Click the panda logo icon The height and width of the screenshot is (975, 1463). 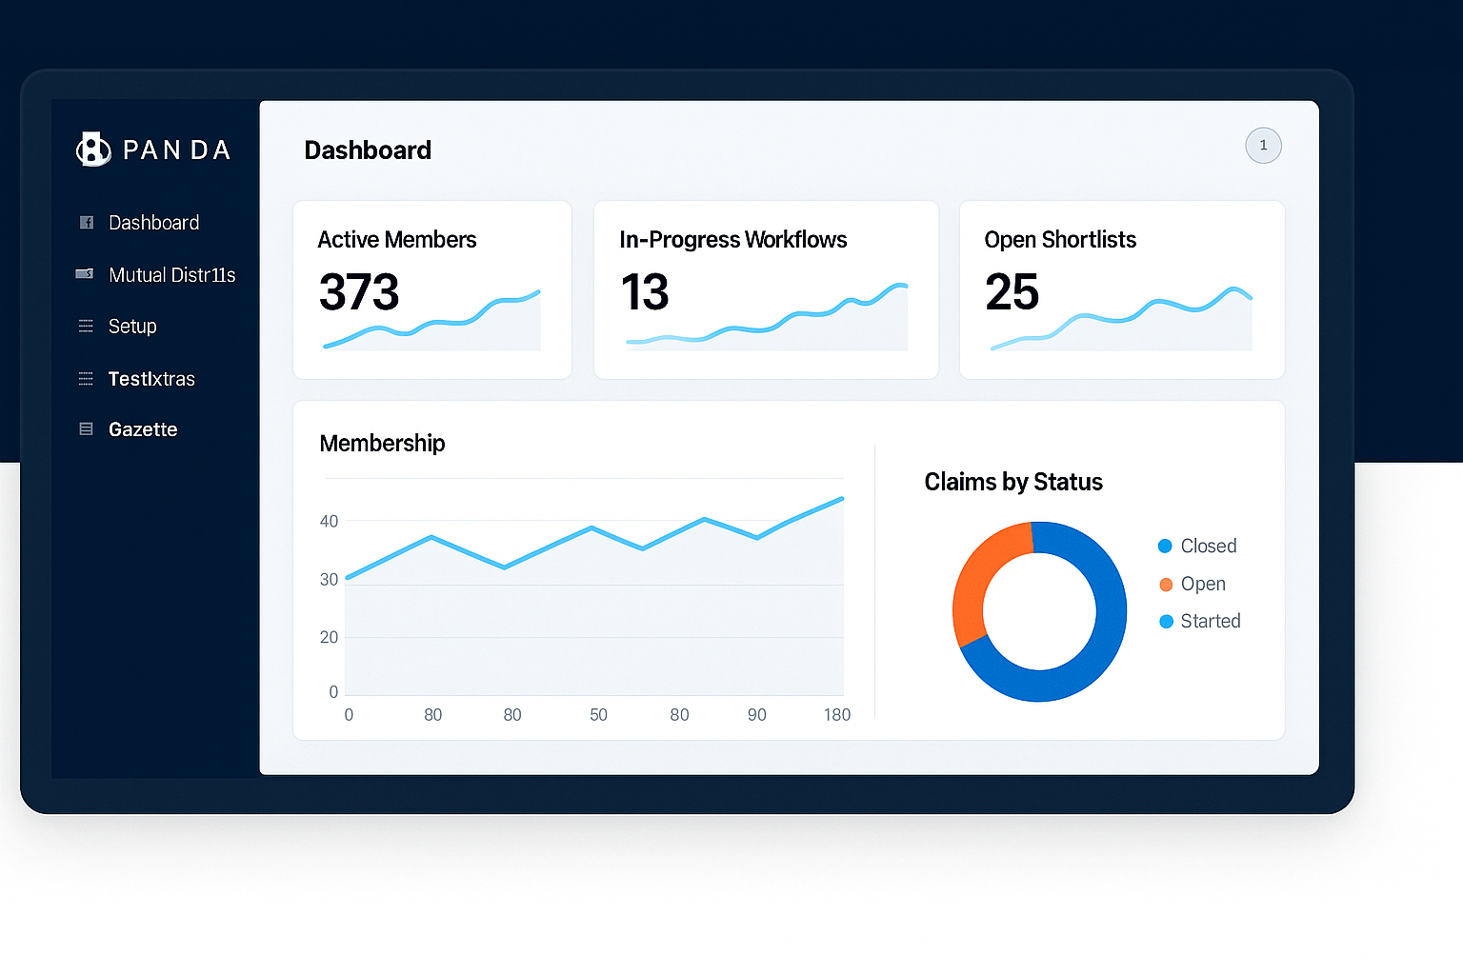(93, 149)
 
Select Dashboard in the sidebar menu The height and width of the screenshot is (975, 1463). (153, 223)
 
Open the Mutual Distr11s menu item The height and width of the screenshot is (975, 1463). (171, 275)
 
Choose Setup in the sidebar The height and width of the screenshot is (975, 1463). (132, 327)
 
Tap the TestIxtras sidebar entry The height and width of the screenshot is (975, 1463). (151, 379)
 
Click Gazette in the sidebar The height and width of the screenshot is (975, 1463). (143, 429)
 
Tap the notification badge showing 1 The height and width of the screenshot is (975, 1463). (1263, 146)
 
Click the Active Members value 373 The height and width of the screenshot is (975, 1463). (359, 292)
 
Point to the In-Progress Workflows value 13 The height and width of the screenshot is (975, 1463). (645, 292)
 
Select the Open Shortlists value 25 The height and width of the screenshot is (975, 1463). (1012, 292)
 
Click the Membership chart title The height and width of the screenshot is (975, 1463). (382, 444)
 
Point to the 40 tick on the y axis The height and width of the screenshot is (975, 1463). (329, 522)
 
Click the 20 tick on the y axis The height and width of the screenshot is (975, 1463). (329, 637)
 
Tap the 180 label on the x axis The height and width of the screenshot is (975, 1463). (837, 715)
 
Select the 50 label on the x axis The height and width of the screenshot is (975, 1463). (598, 715)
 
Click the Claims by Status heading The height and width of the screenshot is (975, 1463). (1013, 482)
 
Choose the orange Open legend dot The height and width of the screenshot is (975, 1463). (1166, 585)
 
